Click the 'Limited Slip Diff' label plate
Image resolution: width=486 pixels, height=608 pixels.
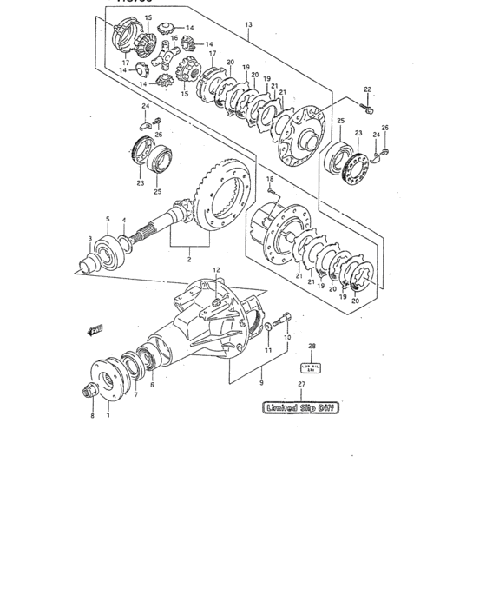click(299, 407)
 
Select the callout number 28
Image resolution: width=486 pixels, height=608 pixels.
click(312, 346)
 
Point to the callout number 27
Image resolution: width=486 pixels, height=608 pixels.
click(301, 384)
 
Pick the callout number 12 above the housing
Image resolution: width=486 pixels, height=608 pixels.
click(218, 270)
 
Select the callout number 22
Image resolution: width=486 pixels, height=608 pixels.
click(367, 89)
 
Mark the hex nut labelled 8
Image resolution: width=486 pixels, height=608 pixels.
click(89, 393)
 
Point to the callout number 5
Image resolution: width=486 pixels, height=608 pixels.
click(108, 220)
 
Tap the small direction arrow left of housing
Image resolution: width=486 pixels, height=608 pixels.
click(95, 328)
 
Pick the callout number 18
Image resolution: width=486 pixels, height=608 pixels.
click(270, 179)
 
